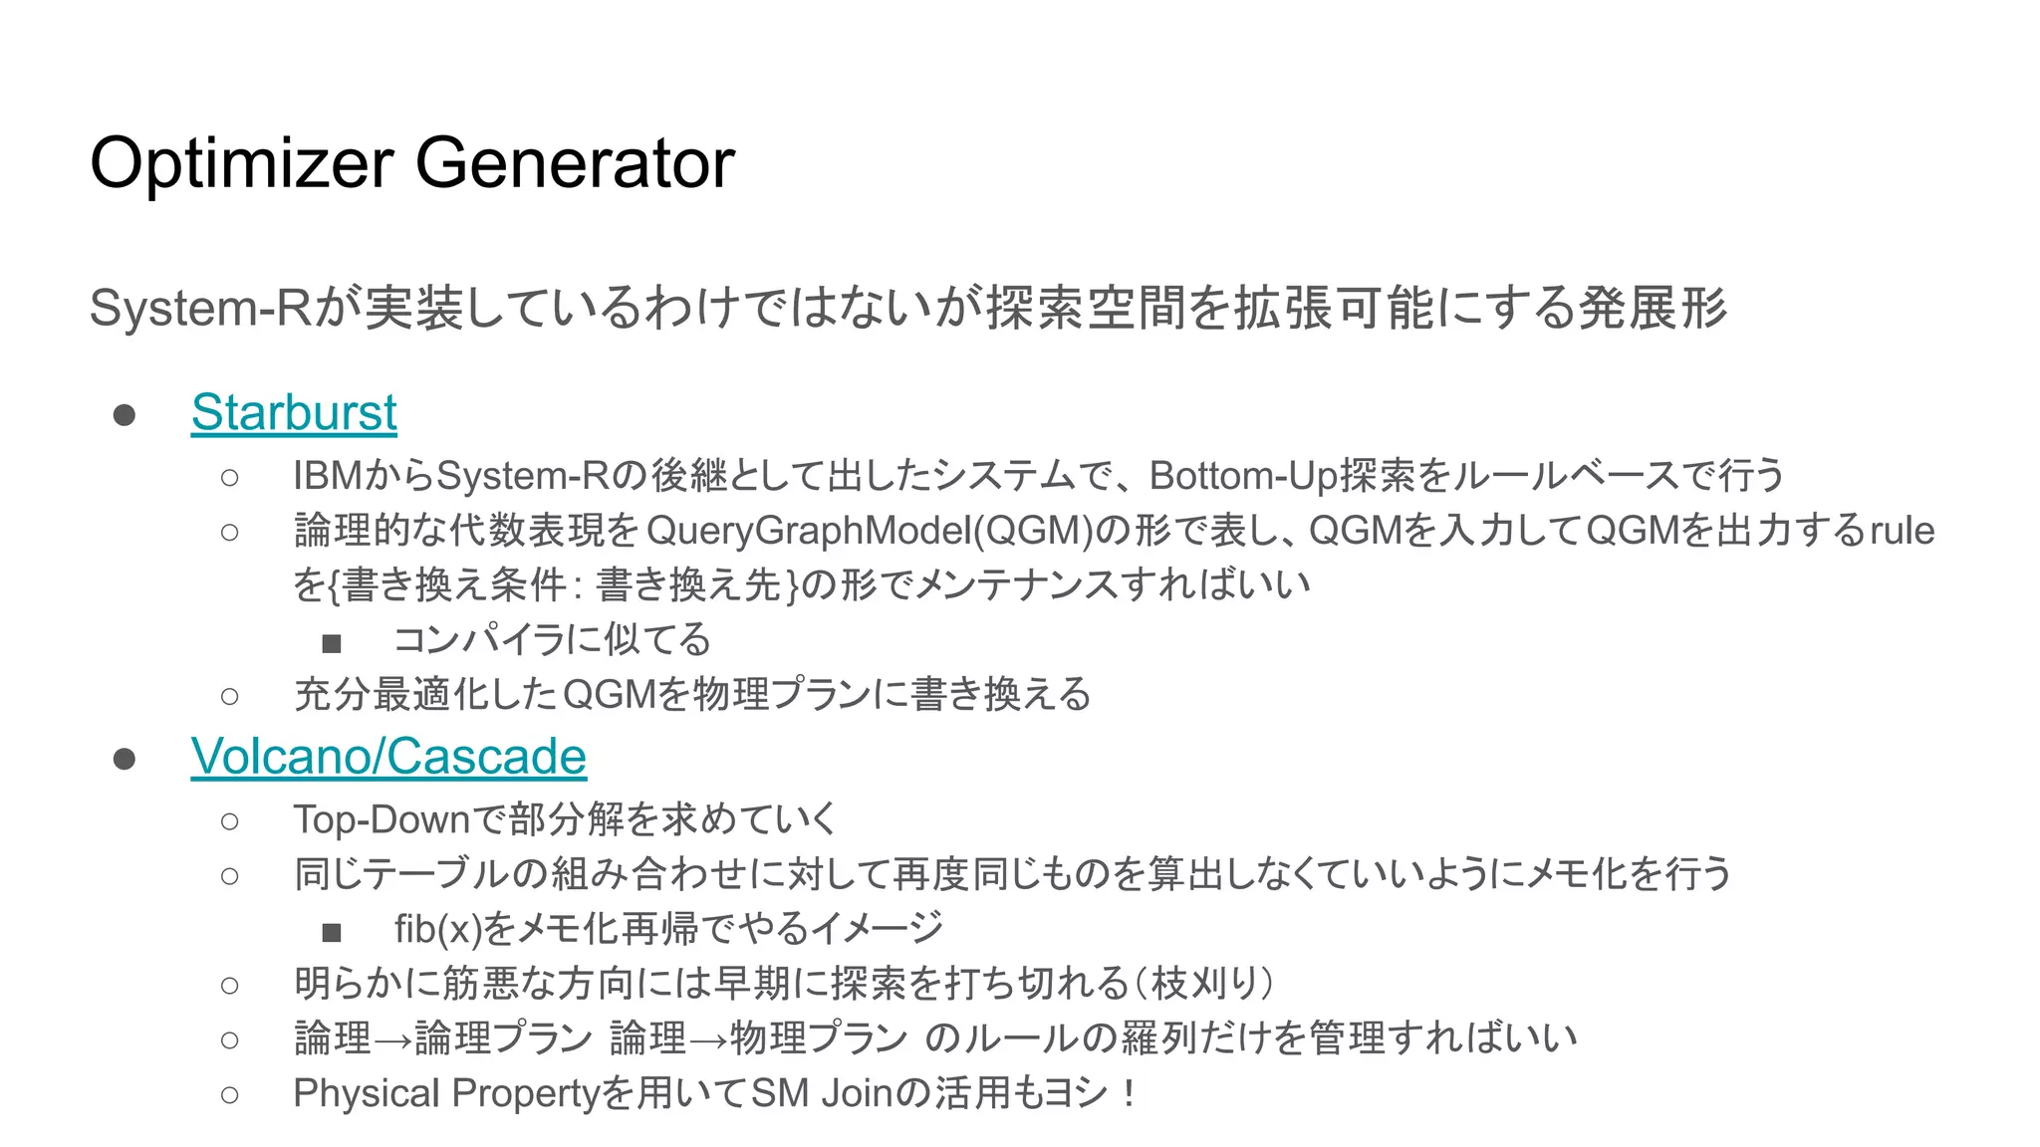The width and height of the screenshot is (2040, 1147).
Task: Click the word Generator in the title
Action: (x=575, y=164)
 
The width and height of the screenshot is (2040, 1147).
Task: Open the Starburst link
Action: (x=294, y=412)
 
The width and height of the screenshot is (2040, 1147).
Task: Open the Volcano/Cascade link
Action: (x=388, y=757)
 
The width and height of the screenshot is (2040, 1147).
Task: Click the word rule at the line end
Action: (x=1902, y=531)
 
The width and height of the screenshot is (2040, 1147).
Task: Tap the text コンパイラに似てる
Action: (x=553, y=639)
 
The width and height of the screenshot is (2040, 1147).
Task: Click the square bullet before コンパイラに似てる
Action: (x=332, y=643)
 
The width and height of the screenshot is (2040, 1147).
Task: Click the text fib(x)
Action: (x=437, y=929)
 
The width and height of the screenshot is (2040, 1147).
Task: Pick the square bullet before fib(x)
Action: (x=332, y=933)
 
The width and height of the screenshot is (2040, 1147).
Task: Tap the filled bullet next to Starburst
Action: (x=125, y=414)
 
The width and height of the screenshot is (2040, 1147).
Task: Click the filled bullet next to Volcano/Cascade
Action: (x=125, y=759)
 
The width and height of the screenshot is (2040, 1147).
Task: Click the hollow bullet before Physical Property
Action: (x=230, y=1095)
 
